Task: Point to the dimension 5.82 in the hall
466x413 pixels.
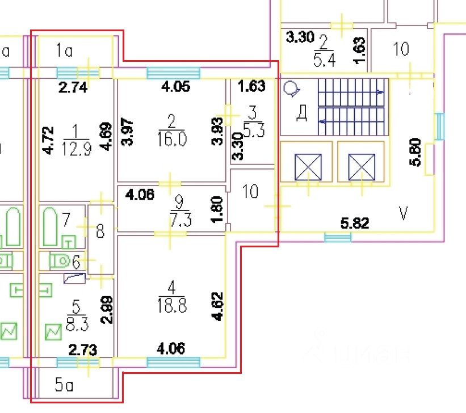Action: (x=355, y=222)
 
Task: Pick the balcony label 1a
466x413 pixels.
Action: (x=65, y=52)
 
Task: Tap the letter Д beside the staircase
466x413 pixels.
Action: (x=302, y=113)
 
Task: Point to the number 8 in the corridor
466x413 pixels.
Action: (x=100, y=231)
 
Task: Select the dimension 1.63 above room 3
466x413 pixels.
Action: (x=251, y=87)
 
